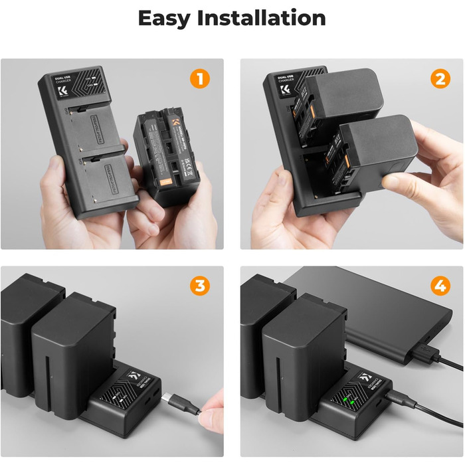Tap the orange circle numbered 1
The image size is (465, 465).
click(199, 80)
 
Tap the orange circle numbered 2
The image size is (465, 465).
click(439, 80)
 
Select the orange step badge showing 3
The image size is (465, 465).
click(199, 287)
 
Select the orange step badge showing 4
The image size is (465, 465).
click(439, 287)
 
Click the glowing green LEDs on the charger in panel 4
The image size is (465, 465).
click(350, 399)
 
